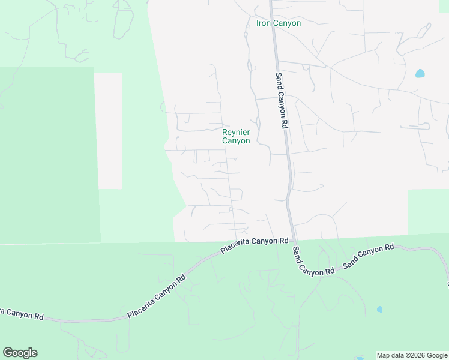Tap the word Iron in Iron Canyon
click(264, 23)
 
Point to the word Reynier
click(236, 133)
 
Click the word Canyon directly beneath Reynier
click(236, 141)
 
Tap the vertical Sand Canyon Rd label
click(280, 100)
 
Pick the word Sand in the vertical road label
click(279, 80)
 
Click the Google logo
click(20, 353)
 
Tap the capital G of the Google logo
click(8, 353)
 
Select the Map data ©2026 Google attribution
click(412, 355)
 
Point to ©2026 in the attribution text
click(414, 355)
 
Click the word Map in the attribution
click(384, 355)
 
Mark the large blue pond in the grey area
click(420, 74)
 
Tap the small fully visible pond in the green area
click(379, 310)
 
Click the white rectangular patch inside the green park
click(108, 131)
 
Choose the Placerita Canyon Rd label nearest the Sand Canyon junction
click(255, 245)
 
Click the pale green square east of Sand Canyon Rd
click(428, 212)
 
